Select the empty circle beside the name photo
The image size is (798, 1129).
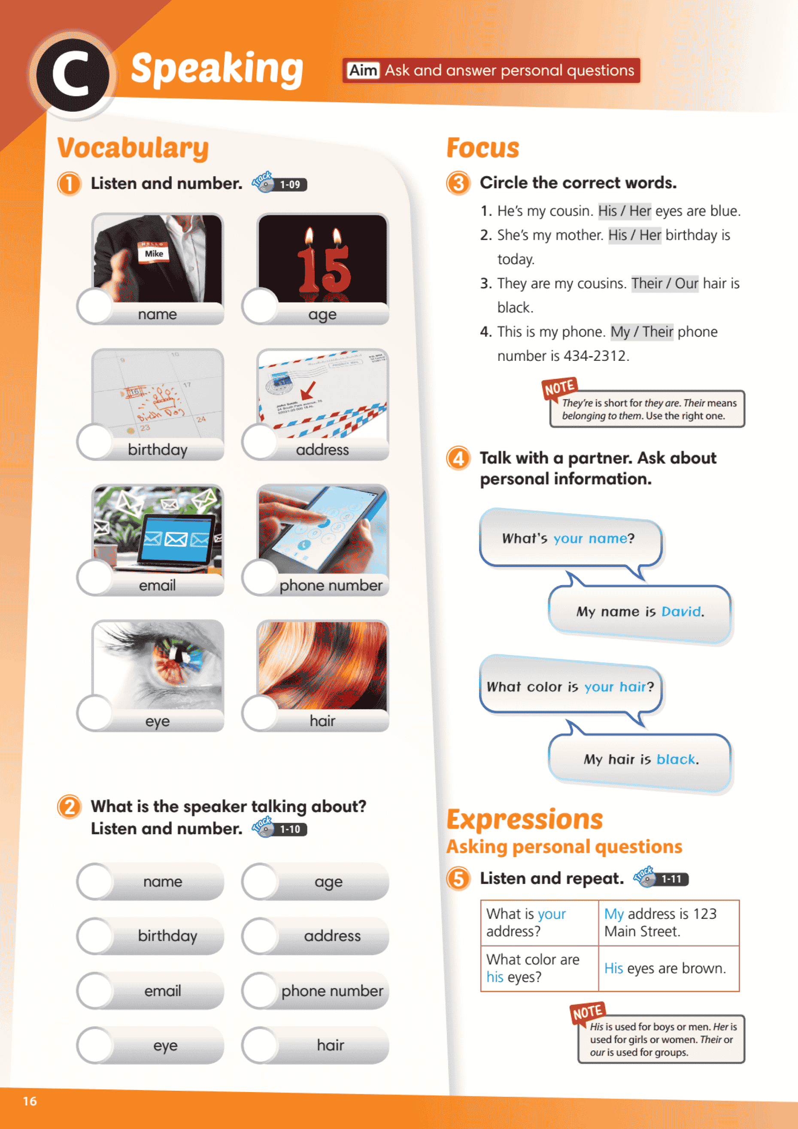point(95,305)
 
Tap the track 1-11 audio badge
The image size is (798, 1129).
point(661,878)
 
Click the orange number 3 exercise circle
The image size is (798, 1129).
point(458,183)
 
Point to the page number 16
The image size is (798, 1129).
point(30,1101)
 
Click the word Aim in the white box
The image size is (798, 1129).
point(363,70)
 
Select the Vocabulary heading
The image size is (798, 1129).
point(133,148)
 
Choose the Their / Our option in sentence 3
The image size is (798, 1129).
point(665,283)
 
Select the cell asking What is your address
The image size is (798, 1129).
point(540,922)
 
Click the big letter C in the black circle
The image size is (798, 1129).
point(72,75)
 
